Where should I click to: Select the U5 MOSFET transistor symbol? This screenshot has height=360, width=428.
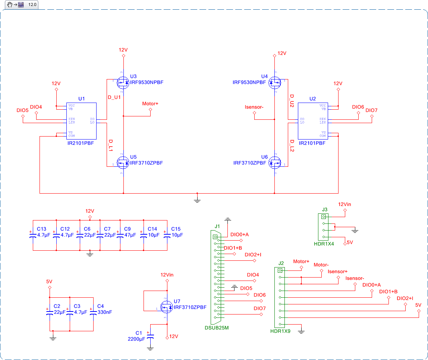pyautogui.click(x=123, y=163)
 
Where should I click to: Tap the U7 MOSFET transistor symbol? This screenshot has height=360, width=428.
pyautogui.click(x=166, y=307)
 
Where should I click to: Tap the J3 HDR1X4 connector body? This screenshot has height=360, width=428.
pyautogui.click(x=324, y=226)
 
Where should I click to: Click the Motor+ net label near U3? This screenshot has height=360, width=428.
pyautogui.click(x=150, y=103)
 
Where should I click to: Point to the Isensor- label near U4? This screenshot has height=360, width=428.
pyautogui.click(x=254, y=107)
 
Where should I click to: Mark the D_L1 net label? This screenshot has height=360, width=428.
pyautogui.click(x=111, y=145)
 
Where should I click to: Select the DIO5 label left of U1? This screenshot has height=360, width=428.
pyautogui.click(x=22, y=110)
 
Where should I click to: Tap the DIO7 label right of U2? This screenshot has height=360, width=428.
pyautogui.click(x=371, y=110)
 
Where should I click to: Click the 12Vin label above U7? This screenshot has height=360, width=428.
pyautogui.click(x=167, y=275)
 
